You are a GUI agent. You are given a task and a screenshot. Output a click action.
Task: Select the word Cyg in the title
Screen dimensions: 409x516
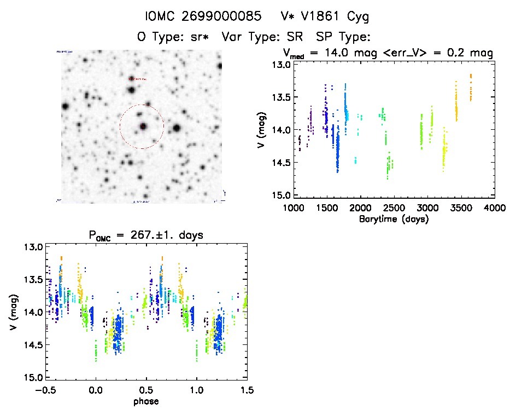[x=357, y=17]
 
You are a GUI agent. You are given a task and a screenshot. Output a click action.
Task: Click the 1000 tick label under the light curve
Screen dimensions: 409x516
[x=294, y=208]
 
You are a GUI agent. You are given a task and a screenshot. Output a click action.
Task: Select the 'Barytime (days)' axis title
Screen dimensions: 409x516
[x=393, y=219]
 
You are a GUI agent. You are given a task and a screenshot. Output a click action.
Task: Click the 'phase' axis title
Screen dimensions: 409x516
[x=146, y=401]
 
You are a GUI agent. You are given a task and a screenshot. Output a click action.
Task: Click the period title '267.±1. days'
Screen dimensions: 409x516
[x=145, y=235]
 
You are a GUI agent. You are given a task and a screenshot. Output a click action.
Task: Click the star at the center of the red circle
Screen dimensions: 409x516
[x=143, y=126]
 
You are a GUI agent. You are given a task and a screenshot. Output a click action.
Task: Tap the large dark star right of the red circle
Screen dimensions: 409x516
[x=177, y=129]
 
